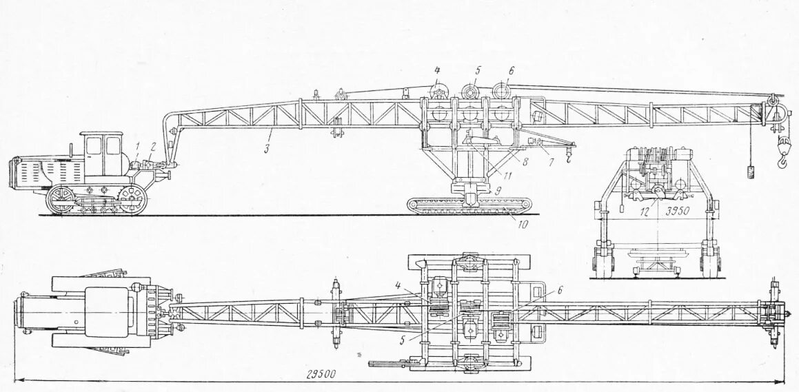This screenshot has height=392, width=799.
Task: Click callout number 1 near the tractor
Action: pyautogui.click(x=138, y=145)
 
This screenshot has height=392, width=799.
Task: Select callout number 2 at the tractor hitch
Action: pyautogui.click(x=153, y=145)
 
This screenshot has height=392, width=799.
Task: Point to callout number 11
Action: pyautogui.click(x=507, y=175)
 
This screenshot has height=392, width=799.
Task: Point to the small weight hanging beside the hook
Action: pyautogui.click(x=751, y=169)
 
